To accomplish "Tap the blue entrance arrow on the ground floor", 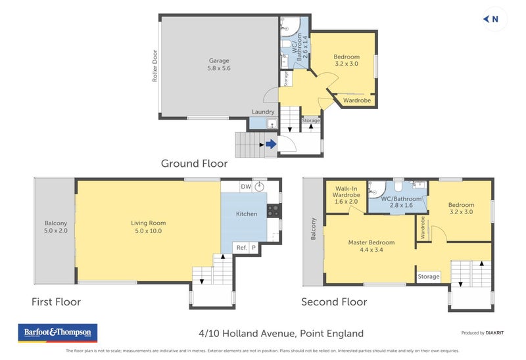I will [x=270, y=145].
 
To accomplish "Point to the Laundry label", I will [x=263, y=112].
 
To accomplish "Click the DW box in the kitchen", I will [x=246, y=187].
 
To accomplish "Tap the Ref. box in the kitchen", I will [x=241, y=248].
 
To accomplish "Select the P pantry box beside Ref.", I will [x=254, y=248].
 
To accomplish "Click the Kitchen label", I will [x=247, y=214].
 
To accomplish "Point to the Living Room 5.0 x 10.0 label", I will [x=148, y=227].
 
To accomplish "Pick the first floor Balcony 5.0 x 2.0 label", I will [x=56, y=227].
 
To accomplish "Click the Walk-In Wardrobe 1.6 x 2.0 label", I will [x=346, y=196].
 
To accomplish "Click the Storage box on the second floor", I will [x=429, y=277].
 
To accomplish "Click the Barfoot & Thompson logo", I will [x=57, y=332].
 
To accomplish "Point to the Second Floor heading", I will [x=334, y=302].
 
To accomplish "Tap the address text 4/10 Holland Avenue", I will [x=281, y=333].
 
